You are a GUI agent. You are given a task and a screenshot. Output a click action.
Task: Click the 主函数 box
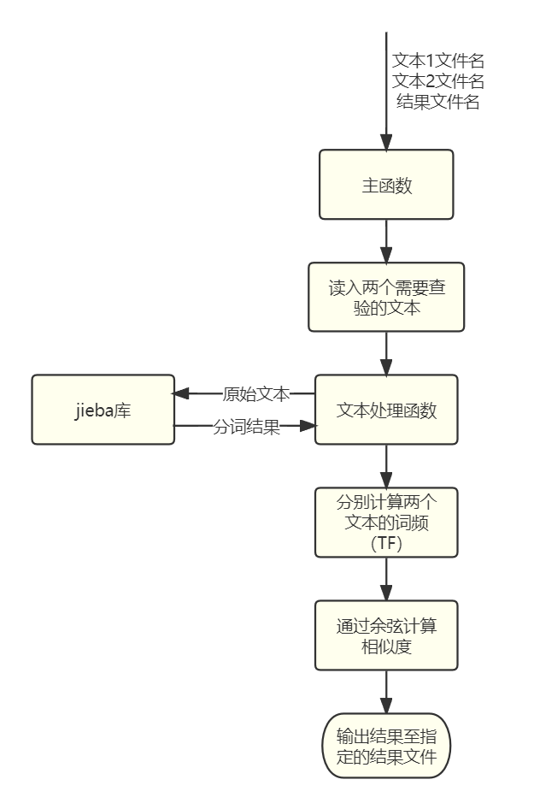[x=386, y=185]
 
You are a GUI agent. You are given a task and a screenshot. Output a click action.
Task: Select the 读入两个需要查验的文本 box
[x=386, y=297]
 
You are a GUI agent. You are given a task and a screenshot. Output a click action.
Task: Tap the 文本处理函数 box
[x=386, y=410]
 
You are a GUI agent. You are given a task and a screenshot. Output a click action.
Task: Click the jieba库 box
[x=103, y=410]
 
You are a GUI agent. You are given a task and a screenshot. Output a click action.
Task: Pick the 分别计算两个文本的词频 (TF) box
[x=386, y=522]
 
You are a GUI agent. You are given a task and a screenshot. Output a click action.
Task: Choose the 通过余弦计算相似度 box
[x=386, y=635]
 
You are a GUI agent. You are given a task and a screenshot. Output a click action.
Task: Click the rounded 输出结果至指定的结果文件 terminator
[x=386, y=746]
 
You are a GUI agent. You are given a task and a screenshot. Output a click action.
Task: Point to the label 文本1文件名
[x=438, y=61]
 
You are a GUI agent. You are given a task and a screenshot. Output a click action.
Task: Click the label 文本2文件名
[x=438, y=81]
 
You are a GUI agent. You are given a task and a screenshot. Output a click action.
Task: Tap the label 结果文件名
[x=438, y=103]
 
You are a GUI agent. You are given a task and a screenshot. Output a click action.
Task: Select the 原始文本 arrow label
[x=256, y=394]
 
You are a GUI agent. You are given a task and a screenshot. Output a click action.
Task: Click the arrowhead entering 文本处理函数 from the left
[x=308, y=425]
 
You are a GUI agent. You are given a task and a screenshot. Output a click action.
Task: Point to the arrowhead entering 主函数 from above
[x=386, y=143]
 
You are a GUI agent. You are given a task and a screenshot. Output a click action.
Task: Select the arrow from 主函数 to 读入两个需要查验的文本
[x=386, y=241]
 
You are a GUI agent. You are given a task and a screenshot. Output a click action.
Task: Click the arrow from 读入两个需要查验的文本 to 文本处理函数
[x=386, y=353]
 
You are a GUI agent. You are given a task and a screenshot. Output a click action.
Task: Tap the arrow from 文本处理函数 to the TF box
[x=386, y=466]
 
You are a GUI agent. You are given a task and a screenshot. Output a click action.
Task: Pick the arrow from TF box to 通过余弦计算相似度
[x=386, y=579]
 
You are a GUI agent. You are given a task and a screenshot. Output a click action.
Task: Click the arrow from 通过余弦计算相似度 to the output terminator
[x=386, y=691]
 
